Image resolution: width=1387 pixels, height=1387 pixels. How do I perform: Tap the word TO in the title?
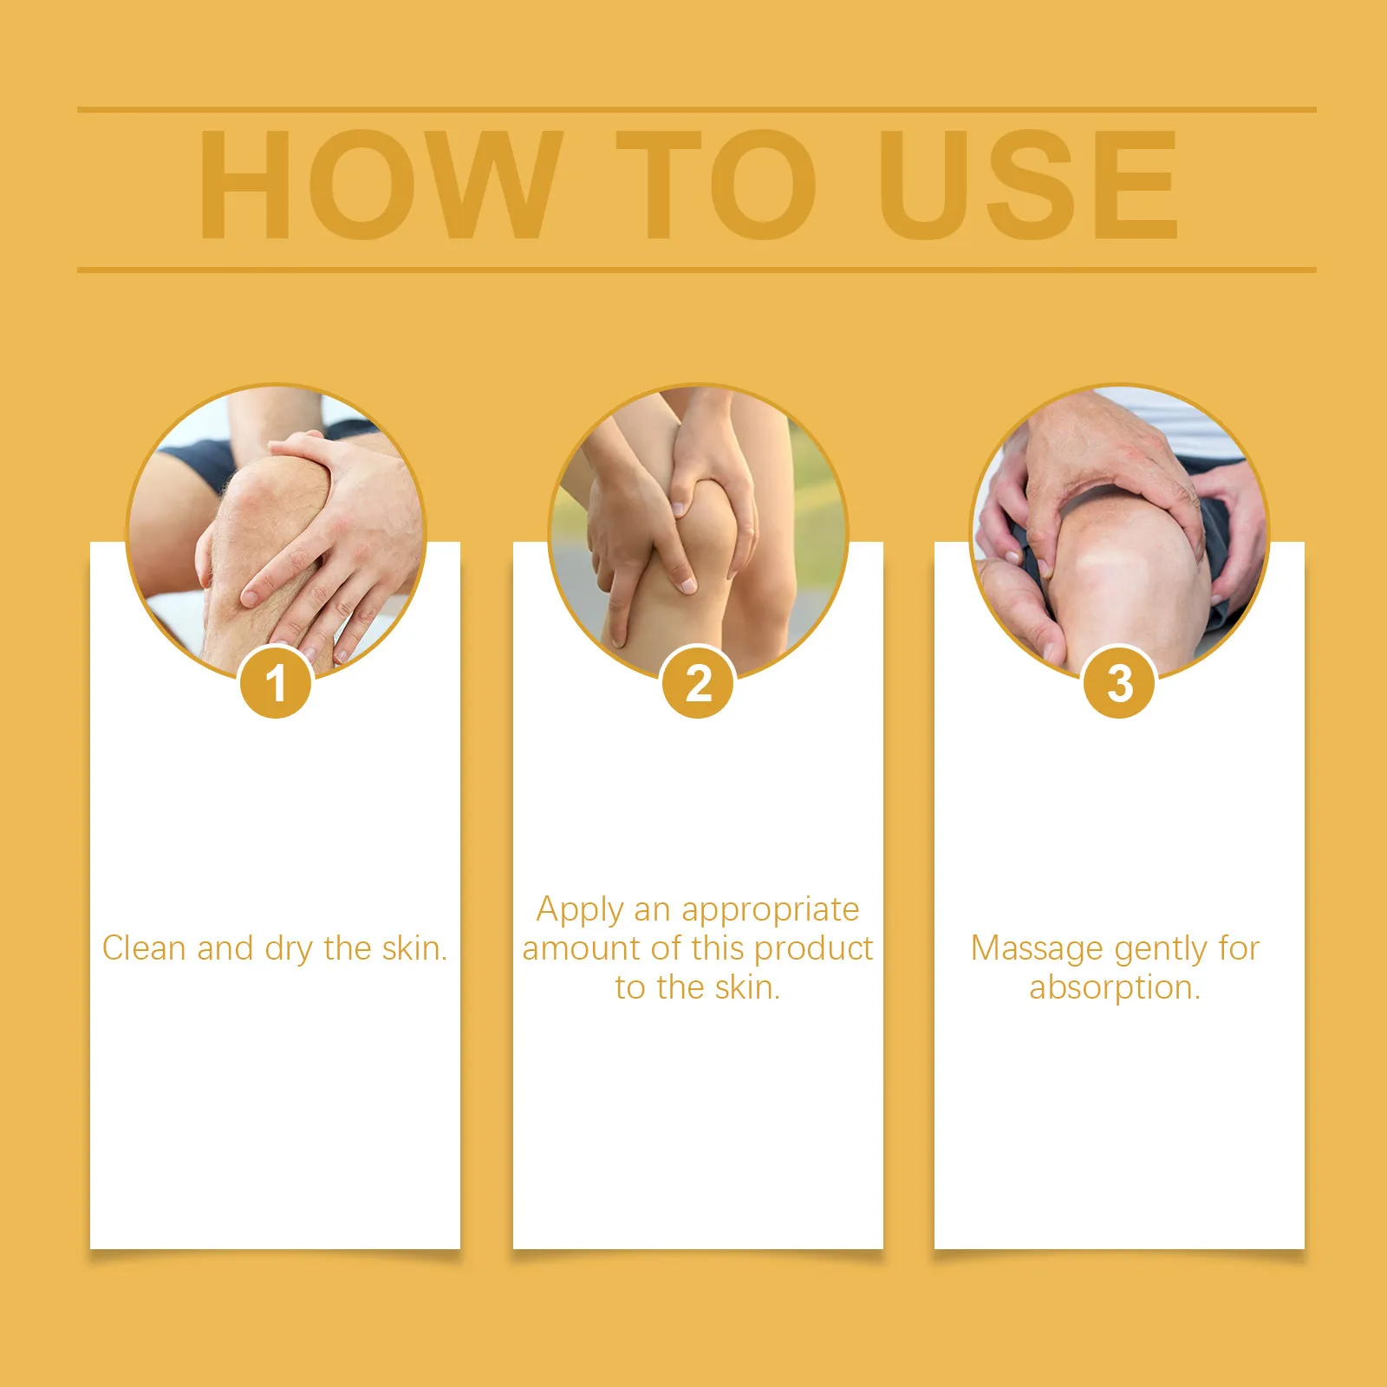(x=716, y=184)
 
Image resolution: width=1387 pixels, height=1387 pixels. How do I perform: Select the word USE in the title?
(x=1028, y=184)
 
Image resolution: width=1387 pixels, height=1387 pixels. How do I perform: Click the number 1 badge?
(x=276, y=682)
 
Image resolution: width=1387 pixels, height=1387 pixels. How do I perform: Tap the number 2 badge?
(x=698, y=682)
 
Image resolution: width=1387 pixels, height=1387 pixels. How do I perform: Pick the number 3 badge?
(x=1120, y=682)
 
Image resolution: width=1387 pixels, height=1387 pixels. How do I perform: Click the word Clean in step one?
(x=144, y=948)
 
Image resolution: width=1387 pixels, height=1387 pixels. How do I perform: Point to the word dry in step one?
(x=290, y=951)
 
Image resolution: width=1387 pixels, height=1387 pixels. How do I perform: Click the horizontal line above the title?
(x=697, y=110)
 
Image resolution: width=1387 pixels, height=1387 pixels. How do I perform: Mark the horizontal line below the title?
(x=697, y=270)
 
